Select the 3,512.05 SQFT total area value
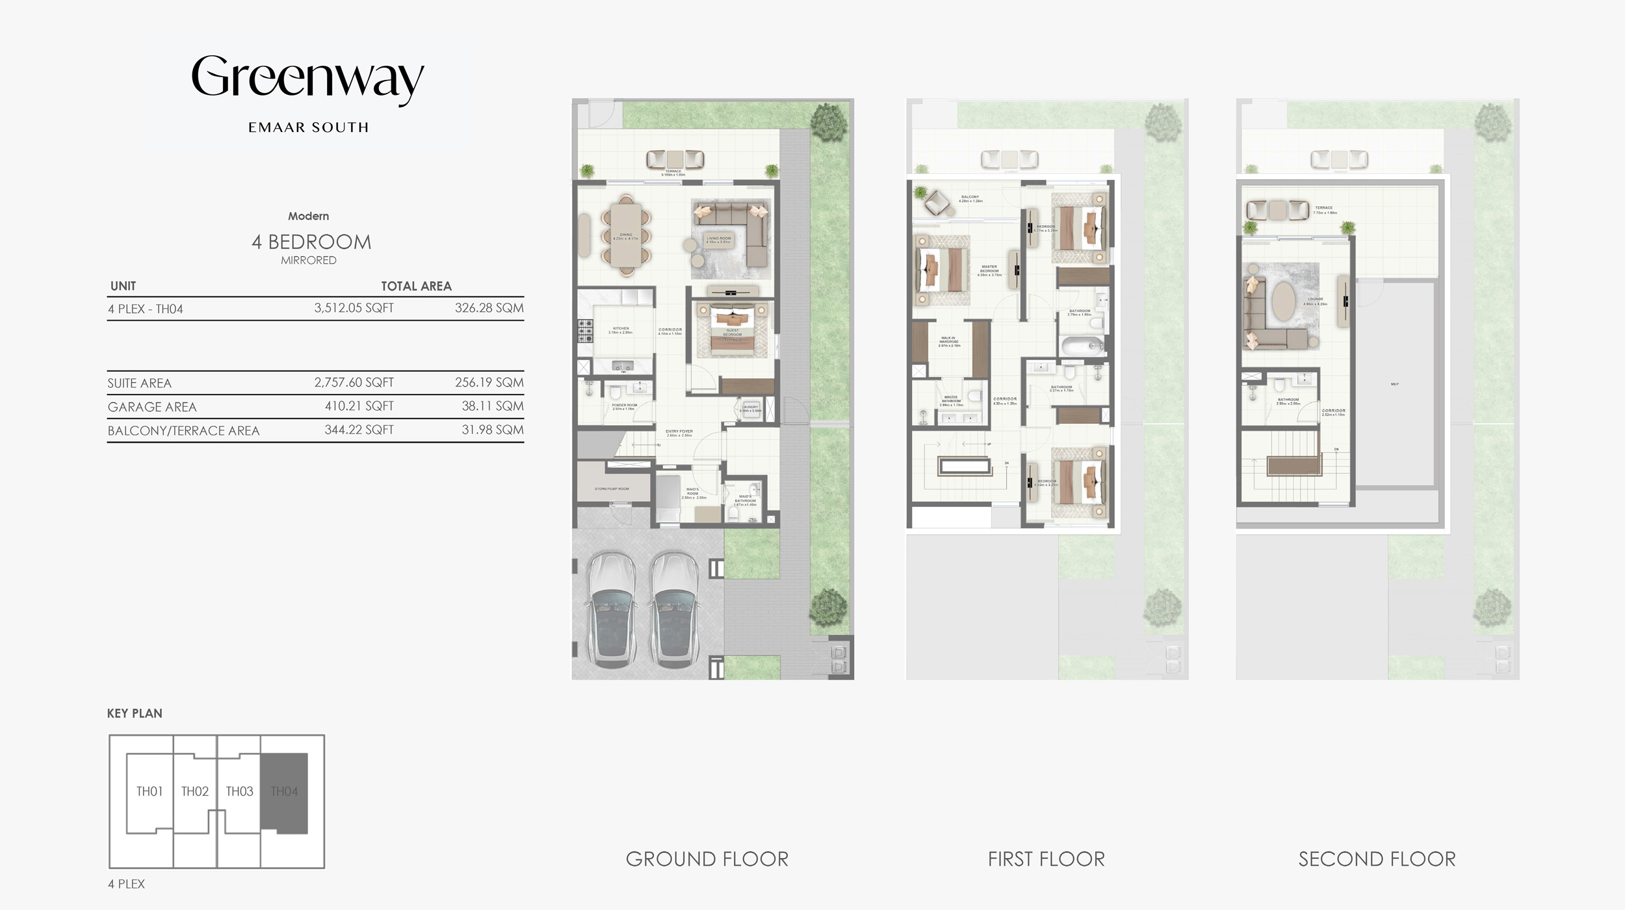pyautogui.click(x=354, y=308)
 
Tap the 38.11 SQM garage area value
pyautogui.click(x=492, y=406)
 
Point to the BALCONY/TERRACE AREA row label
pyautogui.click(x=183, y=430)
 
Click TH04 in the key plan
pyautogui.click(x=284, y=792)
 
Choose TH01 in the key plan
pyautogui.click(x=149, y=792)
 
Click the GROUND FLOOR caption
pyautogui.click(x=707, y=859)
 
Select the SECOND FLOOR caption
pyautogui.click(x=1377, y=859)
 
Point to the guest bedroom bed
pyautogui.click(x=733, y=331)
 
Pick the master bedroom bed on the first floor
pyautogui.click(x=941, y=270)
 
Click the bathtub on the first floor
pyautogui.click(x=1083, y=346)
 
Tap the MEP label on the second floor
pyautogui.click(x=1394, y=384)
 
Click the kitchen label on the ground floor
pyautogui.click(x=621, y=330)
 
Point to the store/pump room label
pyautogui.click(x=612, y=489)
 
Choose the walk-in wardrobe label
pyautogui.click(x=948, y=341)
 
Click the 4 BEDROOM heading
pyautogui.click(x=311, y=242)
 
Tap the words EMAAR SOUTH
pyautogui.click(x=308, y=127)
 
